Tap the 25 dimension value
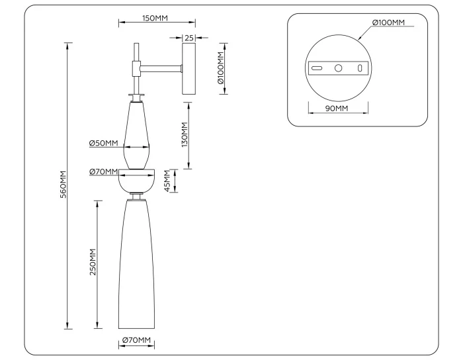pyautogui.click(x=189, y=38)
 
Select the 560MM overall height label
pyautogui.click(x=63, y=186)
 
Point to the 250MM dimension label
pyautogui.click(x=93, y=263)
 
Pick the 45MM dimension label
pyautogui.click(x=168, y=181)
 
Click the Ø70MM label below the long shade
pyautogui.click(x=137, y=341)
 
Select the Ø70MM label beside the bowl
pyautogui.click(x=103, y=172)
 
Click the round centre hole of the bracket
pyautogui.click(x=339, y=67)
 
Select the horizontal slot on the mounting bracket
pyautogui.click(x=317, y=67)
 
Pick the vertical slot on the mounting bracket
pyautogui.click(x=360, y=67)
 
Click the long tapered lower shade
pyautogui.click(x=137, y=265)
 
